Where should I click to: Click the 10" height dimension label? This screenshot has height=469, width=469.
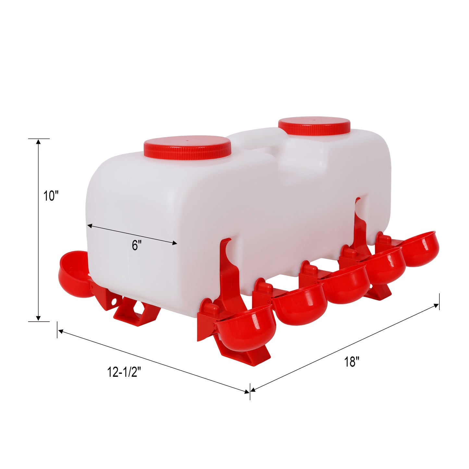51,196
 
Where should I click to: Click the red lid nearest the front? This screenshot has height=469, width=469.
187,148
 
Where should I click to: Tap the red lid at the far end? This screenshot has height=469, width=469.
315,127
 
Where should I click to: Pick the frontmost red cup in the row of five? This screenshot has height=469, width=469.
246,326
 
